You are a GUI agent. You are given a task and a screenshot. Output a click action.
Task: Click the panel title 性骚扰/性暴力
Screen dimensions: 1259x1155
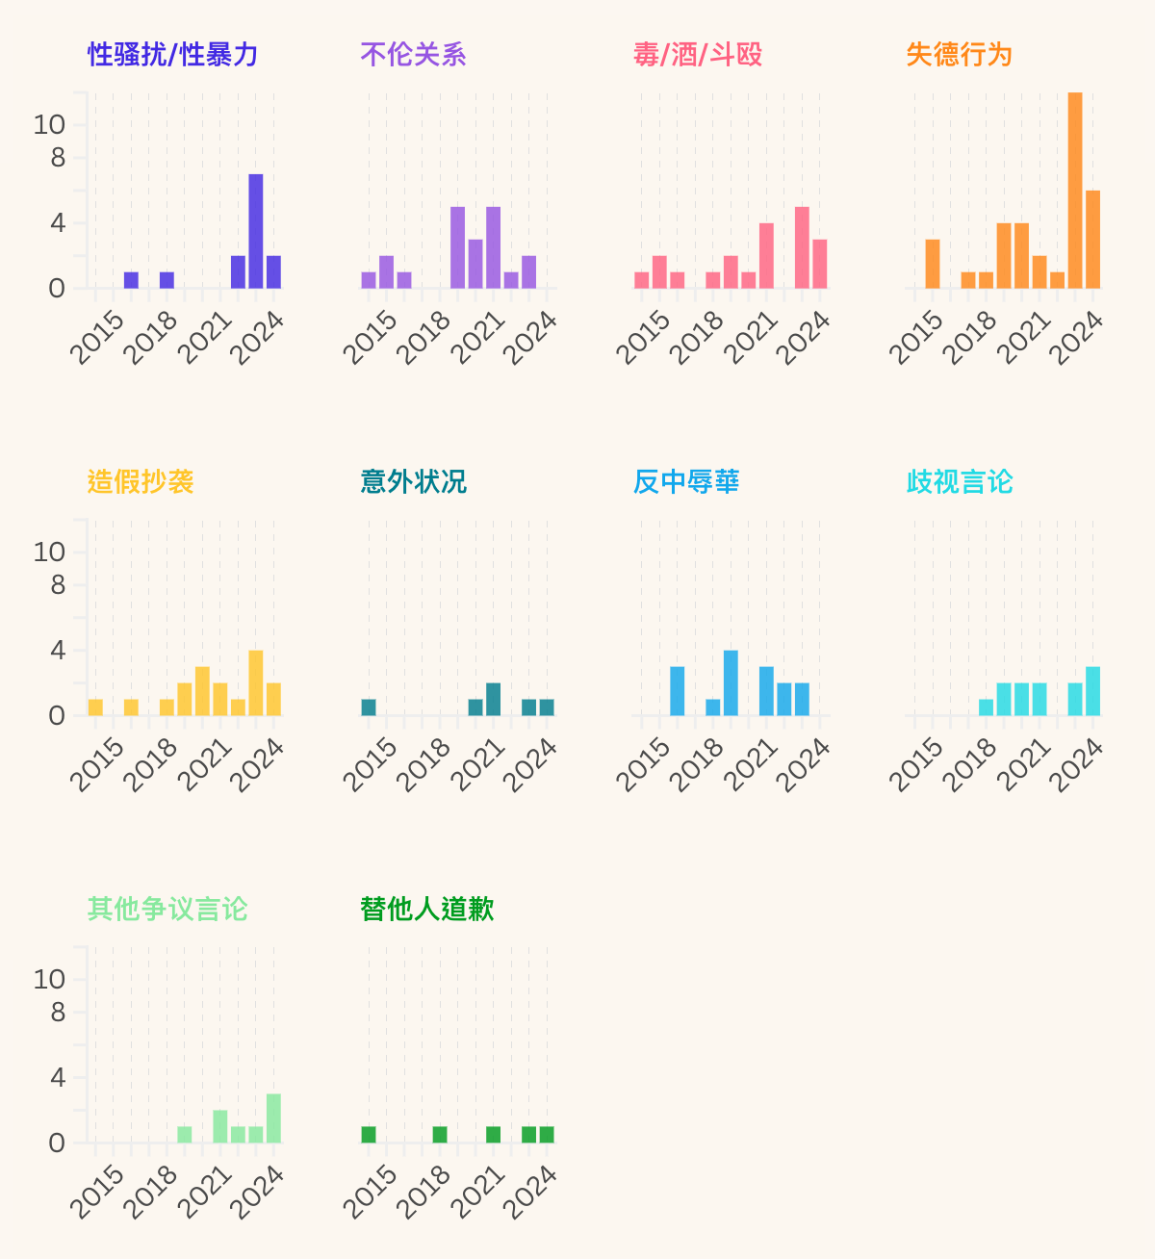click(173, 55)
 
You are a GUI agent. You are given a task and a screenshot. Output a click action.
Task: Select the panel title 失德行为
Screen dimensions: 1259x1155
click(960, 55)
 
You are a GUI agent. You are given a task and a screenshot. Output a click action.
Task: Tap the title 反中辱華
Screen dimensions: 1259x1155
click(686, 482)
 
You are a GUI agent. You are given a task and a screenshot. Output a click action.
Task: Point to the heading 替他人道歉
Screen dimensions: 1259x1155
click(427, 910)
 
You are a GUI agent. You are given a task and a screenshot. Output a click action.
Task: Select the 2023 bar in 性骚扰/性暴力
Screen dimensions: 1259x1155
click(256, 231)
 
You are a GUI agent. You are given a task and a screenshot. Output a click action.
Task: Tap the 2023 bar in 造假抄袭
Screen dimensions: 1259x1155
click(256, 683)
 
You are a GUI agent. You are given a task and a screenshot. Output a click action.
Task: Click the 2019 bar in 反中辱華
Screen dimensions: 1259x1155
click(731, 683)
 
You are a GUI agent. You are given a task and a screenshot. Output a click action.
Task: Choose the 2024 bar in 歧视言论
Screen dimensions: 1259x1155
click(1093, 691)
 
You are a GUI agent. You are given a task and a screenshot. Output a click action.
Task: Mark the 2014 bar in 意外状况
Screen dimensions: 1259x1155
click(369, 707)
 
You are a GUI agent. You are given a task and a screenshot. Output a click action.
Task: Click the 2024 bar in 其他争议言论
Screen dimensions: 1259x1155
click(273, 1118)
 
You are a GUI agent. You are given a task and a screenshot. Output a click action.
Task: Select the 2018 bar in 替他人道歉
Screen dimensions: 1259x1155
click(440, 1135)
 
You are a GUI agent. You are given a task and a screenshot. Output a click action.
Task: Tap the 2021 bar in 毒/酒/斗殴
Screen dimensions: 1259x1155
click(766, 256)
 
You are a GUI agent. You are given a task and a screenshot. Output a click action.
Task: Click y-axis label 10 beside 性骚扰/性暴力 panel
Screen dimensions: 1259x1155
click(49, 124)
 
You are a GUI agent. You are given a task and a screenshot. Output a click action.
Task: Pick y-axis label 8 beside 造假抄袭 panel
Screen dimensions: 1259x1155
click(58, 584)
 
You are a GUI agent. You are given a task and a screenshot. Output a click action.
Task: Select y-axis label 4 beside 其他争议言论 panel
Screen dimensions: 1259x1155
click(58, 1077)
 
